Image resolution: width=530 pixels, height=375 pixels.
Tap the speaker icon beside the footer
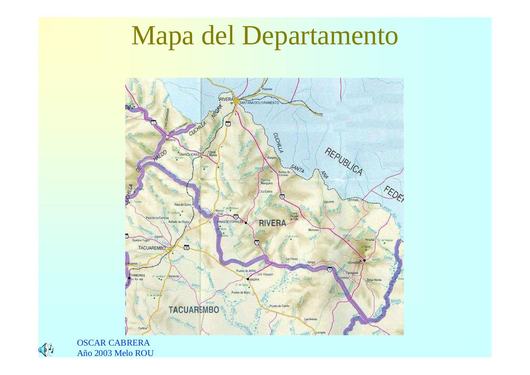[46, 350]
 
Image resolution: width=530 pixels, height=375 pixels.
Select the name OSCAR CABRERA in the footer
[113, 343]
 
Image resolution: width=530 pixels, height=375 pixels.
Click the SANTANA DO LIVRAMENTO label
[259, 102]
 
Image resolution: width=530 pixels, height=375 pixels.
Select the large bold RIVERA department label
[272, 223]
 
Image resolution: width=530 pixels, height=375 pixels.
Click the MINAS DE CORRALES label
[230, 222]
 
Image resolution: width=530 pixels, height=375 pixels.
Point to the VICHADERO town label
[355, 263]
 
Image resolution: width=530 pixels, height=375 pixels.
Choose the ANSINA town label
[255, 279]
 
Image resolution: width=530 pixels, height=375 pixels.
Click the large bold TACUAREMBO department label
[194, 310]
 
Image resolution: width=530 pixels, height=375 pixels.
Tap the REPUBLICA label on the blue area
[343, 161]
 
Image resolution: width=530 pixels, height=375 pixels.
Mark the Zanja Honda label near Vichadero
[374, 280]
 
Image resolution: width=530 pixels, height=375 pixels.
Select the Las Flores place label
[292, 259]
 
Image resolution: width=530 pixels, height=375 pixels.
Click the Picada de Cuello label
[279, 306]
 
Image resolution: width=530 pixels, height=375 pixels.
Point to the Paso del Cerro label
[182, 205]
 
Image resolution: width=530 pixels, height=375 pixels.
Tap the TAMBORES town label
[137, 275]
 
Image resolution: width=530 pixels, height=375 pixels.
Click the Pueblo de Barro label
[241, 293]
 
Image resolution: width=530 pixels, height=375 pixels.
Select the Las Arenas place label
[311, 319]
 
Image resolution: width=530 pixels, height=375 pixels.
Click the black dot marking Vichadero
[364, 260]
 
